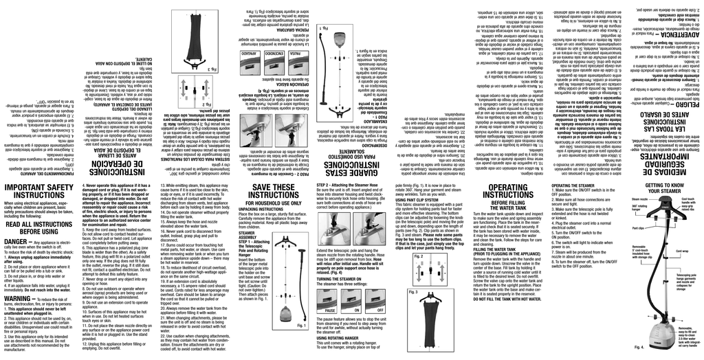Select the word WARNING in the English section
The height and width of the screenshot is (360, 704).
click(23, 300)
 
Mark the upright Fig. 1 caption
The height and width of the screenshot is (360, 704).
click(300, 344)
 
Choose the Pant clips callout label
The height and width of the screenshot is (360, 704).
click(638, 227)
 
